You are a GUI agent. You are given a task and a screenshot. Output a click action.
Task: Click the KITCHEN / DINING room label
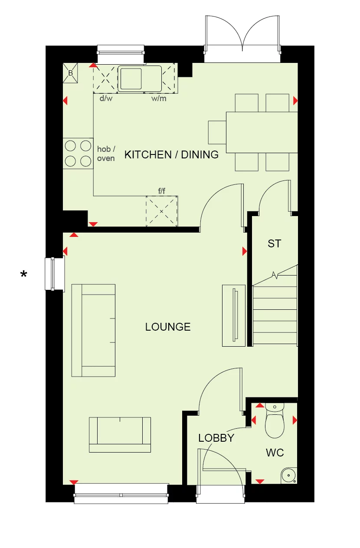pos(171,154)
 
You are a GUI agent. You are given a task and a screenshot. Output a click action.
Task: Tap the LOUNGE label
pos(168,327)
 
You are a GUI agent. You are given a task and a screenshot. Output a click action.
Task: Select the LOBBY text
pos(216,438)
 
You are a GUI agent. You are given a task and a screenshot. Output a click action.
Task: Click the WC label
pos(275,453)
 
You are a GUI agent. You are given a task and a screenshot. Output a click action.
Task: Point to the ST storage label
pos(274,244)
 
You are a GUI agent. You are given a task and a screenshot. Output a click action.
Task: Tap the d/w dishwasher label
pos(106,98)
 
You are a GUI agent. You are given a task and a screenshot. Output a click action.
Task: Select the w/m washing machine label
pos(158,98)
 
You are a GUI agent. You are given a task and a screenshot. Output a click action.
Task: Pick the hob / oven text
pos(106,154)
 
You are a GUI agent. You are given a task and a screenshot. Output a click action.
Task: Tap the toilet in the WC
pos(274,421)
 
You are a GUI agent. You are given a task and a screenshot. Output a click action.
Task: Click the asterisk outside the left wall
pos(24,274)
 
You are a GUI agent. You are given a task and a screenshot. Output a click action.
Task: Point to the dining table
pos(262,132)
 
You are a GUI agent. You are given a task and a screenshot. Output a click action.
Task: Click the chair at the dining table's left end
pos(217,132)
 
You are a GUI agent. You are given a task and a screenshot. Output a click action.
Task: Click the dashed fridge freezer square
pos(162,211)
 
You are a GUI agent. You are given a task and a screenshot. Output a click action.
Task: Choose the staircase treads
pos(275,315)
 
